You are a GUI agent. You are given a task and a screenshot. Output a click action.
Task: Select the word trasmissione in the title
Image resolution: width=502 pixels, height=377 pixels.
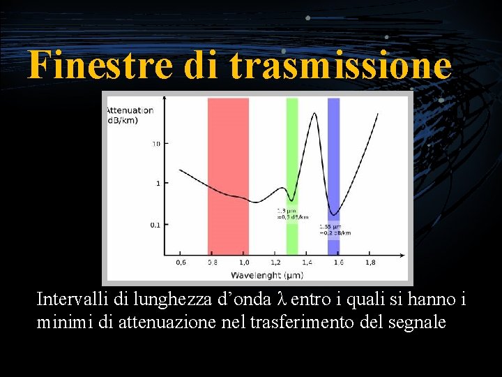tap(340, 66)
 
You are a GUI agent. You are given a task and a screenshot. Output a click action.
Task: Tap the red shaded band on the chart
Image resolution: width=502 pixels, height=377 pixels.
tap(228, 175)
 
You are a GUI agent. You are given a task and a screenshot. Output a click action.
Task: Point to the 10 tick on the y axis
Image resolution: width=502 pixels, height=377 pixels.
tap(156, 143)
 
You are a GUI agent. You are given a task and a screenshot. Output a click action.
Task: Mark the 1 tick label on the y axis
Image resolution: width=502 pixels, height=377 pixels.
tap(158, 184)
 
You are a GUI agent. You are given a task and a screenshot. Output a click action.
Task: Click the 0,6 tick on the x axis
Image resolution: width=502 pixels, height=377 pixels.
tap(181, 263)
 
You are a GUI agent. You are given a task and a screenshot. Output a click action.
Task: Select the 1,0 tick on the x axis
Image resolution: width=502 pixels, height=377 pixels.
tap(244, 263)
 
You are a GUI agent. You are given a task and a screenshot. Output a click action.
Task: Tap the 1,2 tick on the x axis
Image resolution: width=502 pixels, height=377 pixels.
tap(275, 263)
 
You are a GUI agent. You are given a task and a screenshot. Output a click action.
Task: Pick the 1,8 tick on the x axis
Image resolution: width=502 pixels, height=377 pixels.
tap(370, 263)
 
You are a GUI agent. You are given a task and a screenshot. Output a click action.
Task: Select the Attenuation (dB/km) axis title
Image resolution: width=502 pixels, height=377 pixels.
tap(130, 115)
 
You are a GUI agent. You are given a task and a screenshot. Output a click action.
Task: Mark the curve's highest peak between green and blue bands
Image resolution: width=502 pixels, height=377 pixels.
tap(314, 115)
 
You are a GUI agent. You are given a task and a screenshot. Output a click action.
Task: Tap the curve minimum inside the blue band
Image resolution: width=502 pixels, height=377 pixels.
tap(334, 214)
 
